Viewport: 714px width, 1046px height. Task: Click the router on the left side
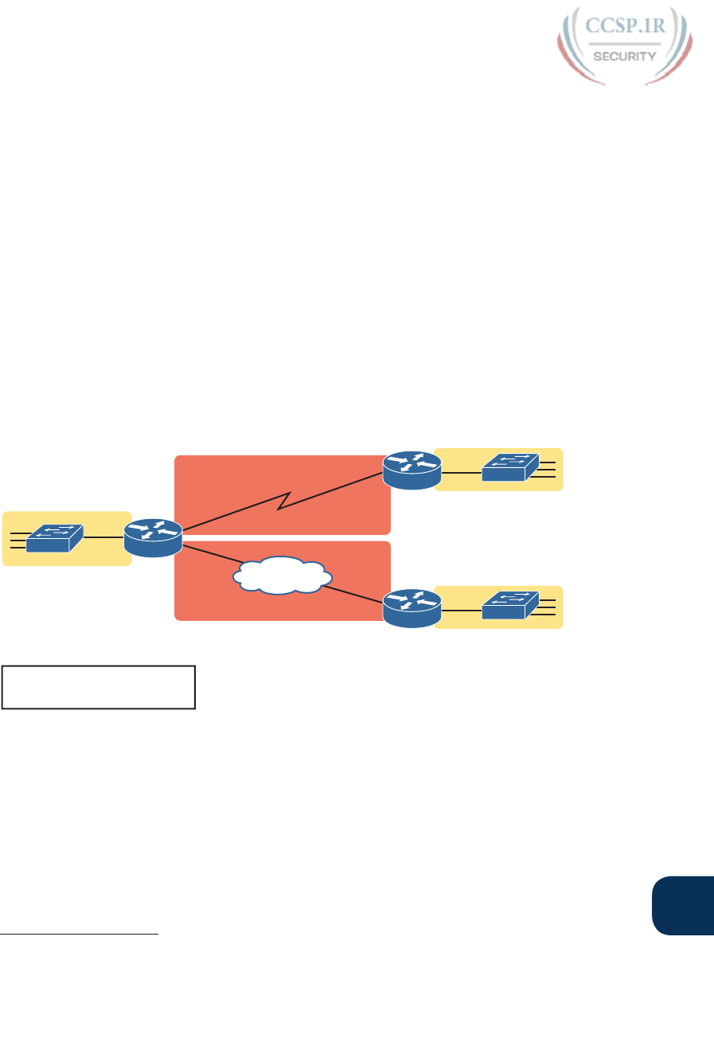coord(154,537)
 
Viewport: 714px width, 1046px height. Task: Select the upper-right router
coord(411,470)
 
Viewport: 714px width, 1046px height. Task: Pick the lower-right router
coord(411,607)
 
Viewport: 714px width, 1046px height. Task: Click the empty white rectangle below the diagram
coord(99,687)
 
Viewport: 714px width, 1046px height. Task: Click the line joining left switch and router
coord(104,537)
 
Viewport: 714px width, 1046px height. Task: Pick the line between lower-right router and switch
coord(460,609)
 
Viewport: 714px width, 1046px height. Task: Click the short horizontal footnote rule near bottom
coord(80,935)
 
